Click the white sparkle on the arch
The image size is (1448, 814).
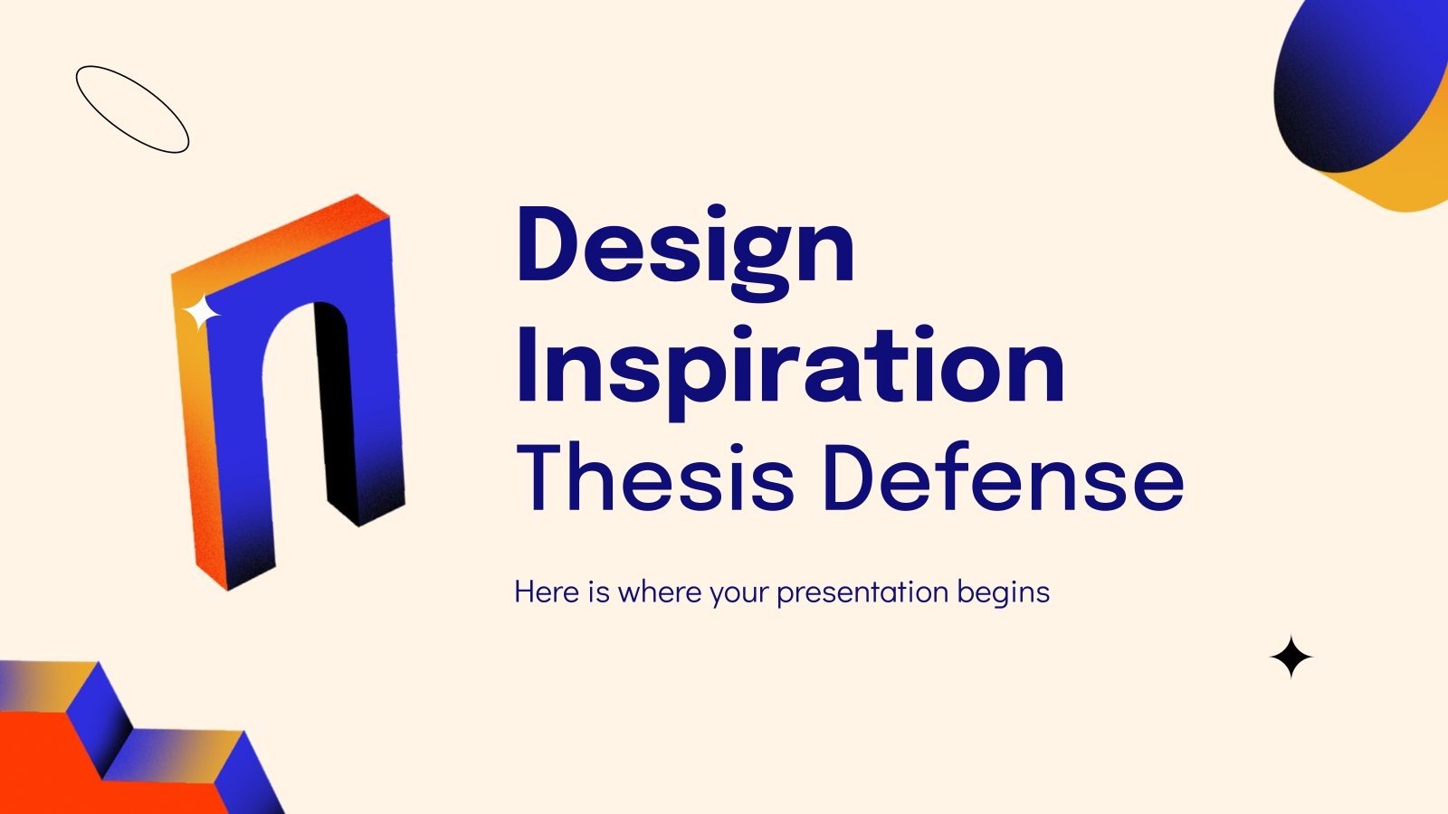tap(201, 314)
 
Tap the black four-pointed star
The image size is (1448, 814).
tap(1291, 658)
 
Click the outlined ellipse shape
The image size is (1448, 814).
tap(132, 109)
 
